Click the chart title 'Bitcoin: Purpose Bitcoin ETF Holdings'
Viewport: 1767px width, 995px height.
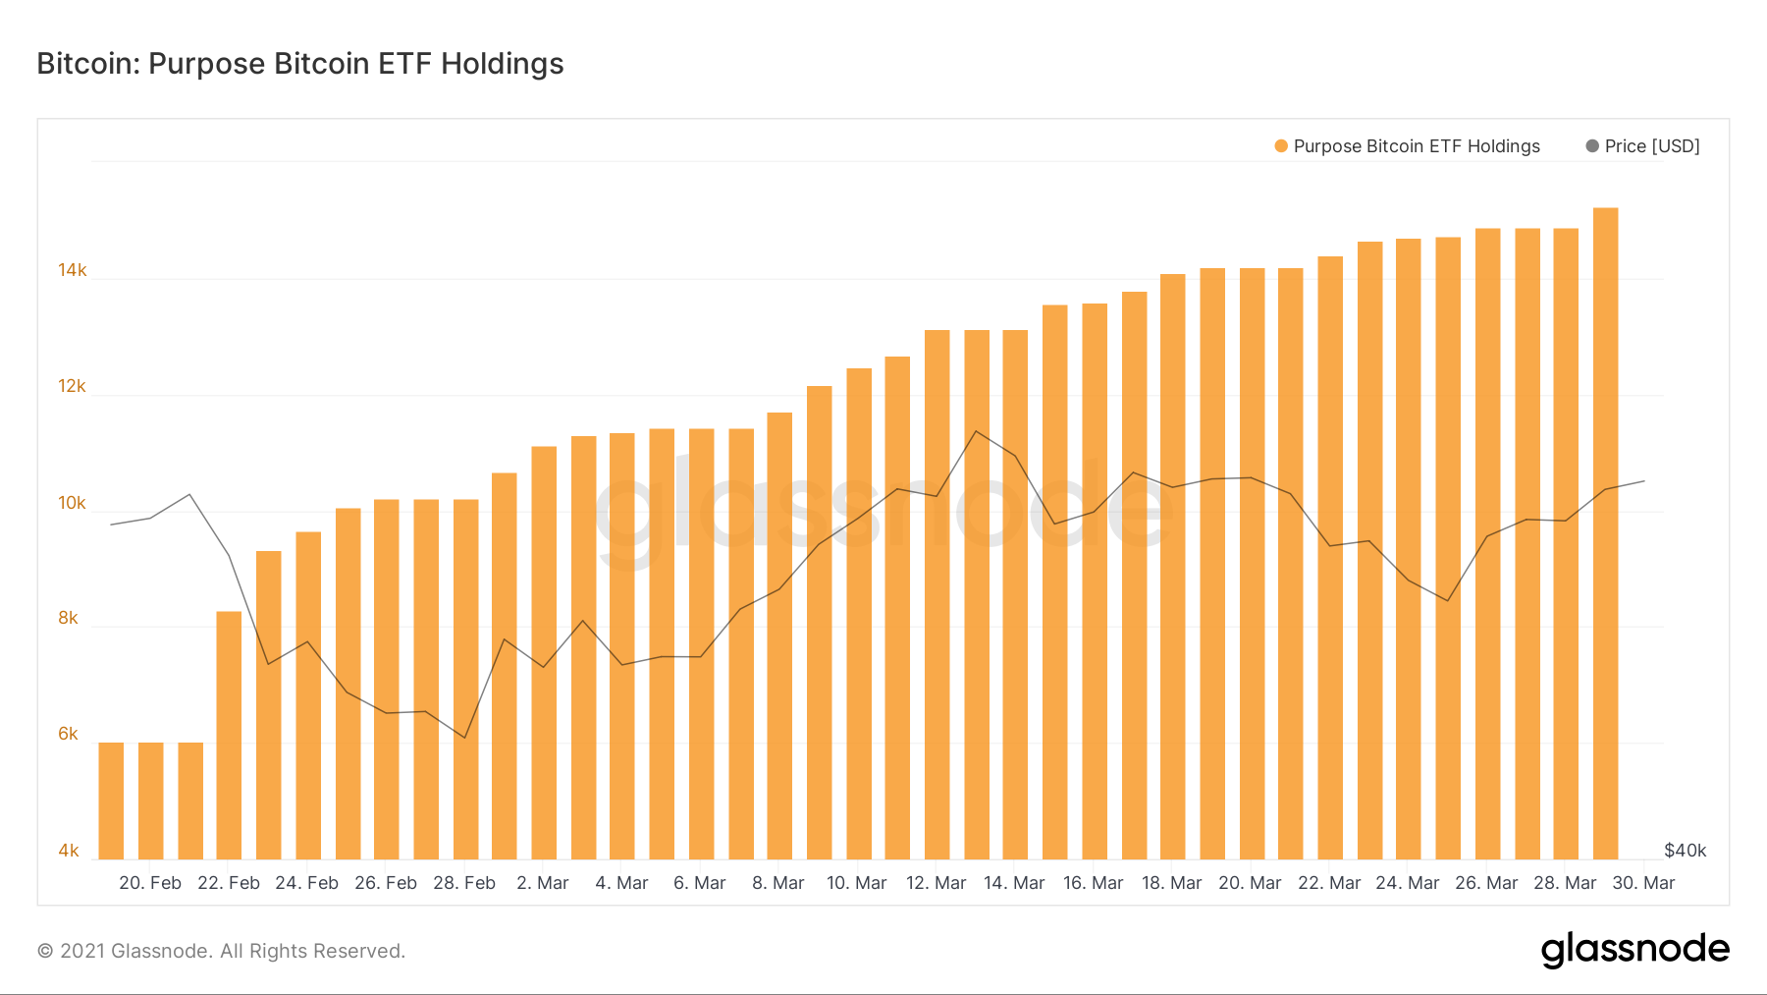click(300, 64)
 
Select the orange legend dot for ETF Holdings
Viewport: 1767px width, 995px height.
click(1281, 146)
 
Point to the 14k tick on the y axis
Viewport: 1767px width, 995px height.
click(72, 270)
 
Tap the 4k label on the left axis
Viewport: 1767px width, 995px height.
click(68, 851)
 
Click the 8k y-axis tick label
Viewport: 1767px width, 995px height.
click(68, 618)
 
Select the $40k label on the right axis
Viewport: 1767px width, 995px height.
click(1685, 851)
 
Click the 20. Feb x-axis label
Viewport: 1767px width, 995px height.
click(150, 883)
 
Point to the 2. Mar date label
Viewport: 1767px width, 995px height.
click(543, 883)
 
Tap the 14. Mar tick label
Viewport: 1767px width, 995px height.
click(1014, 883)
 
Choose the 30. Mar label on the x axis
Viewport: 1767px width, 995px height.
click(1643, 883)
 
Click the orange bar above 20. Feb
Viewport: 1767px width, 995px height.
click(151, 801)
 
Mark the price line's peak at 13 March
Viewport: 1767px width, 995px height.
click(976, 431)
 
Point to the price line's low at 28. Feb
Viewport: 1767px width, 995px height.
click(465, 738)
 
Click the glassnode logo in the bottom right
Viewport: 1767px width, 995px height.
click(1634, 950)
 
